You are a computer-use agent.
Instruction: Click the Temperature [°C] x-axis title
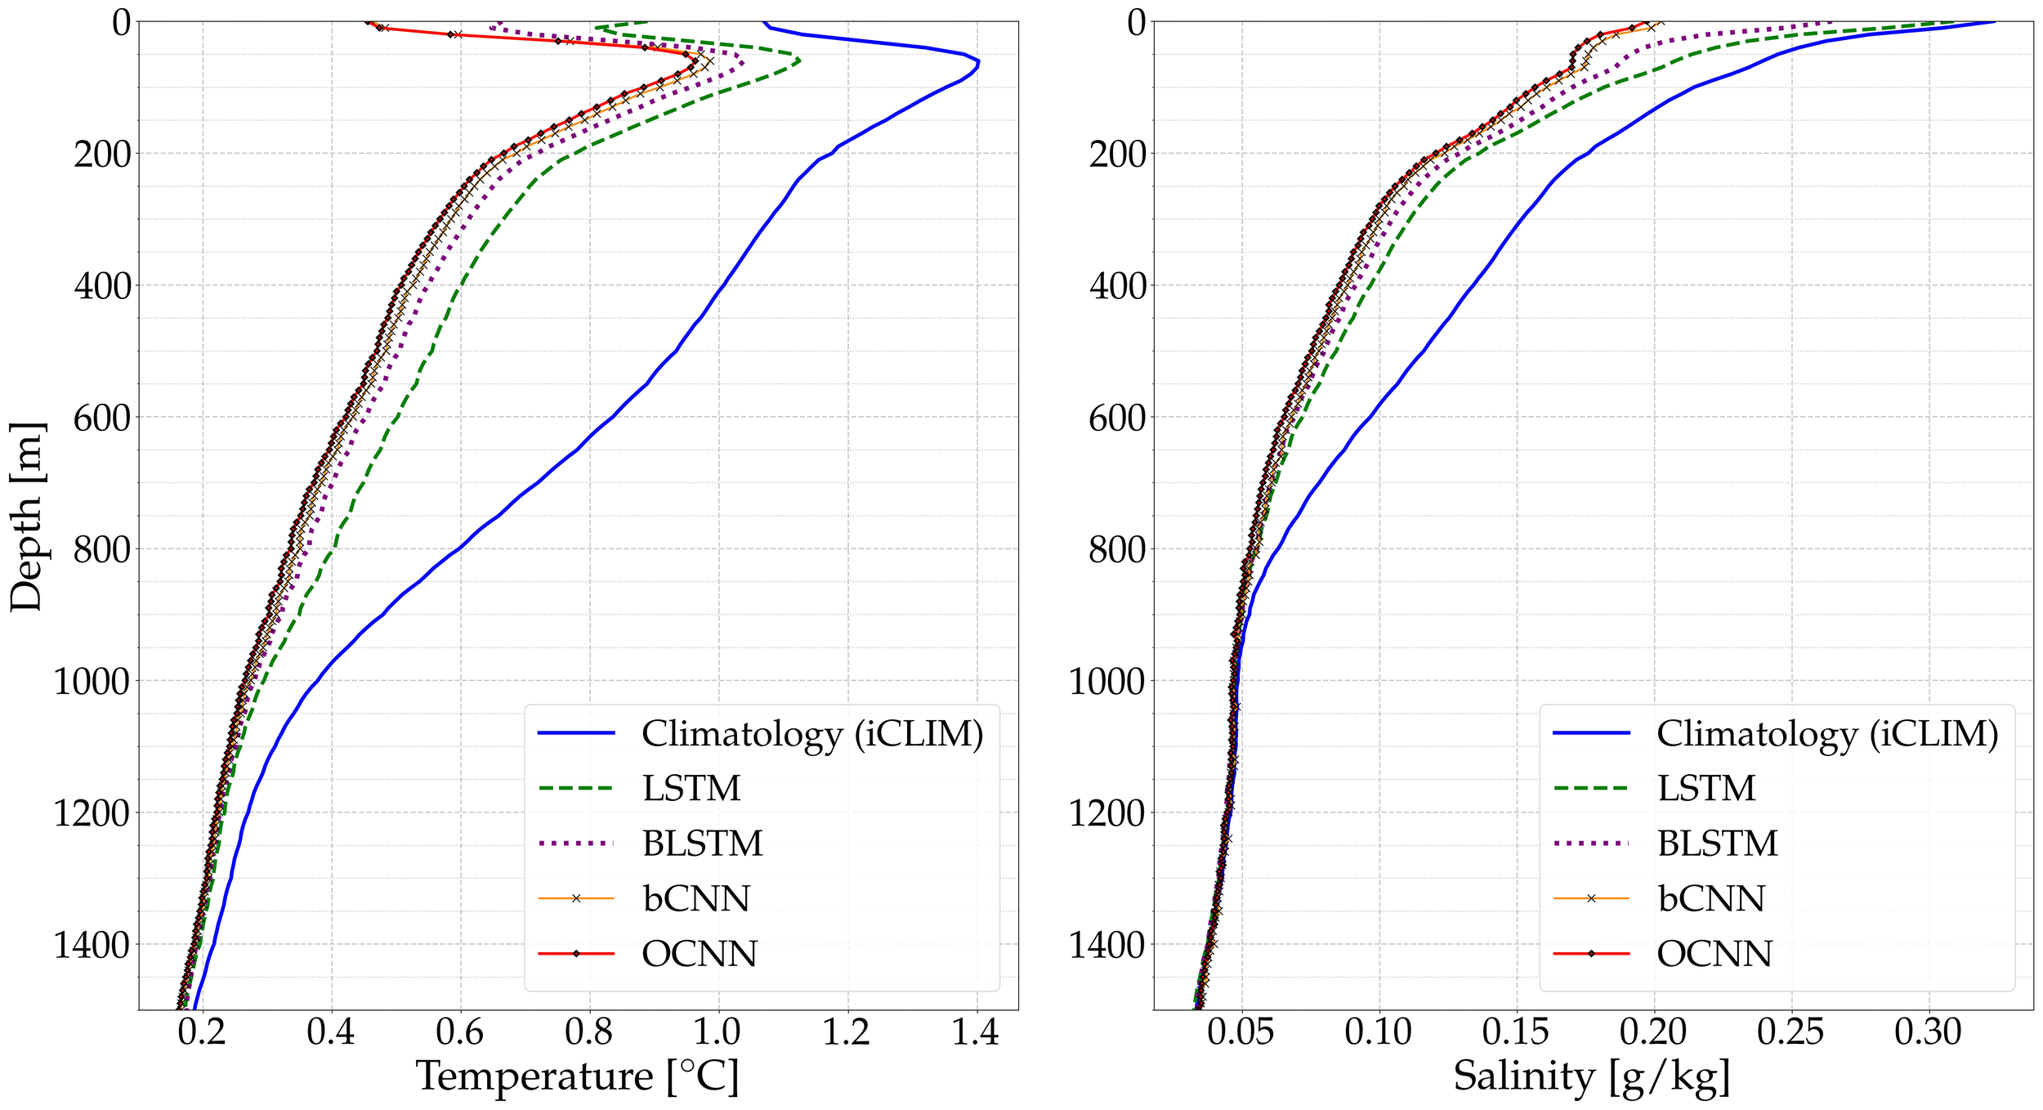[578, 1076]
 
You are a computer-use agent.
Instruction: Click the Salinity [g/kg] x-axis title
[1592, 1076]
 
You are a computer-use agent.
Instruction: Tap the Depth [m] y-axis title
[26, 517]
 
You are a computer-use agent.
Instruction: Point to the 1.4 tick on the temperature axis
[975, 1032]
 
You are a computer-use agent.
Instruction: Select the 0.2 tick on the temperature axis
[202, 1032]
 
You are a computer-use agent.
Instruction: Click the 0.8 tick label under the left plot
[588, 1032]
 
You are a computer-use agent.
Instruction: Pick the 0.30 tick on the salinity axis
[1928, 1032]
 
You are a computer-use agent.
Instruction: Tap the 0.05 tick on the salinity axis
[1241, 1032]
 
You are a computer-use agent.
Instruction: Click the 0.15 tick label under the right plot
[1516, 1032]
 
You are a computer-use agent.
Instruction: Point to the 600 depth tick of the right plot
[1117, 418]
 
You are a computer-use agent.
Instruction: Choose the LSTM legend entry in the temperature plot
[691, 789]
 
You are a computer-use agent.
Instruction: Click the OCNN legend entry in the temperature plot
[700, 954]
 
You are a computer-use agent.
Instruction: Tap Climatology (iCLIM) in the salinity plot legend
[1827, 733]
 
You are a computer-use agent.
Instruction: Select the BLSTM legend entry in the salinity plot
[1717, 844]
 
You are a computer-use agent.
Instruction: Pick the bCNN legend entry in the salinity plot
[1711, 899]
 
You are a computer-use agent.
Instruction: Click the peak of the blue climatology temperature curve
[978, 62]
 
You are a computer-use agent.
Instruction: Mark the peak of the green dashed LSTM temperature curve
[799, 60]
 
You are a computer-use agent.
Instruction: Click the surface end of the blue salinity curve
[1994, 22]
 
